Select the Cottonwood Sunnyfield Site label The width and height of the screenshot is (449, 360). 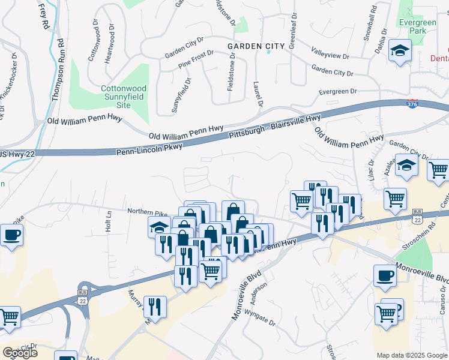point(123,97)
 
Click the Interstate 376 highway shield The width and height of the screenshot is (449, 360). point(412,104)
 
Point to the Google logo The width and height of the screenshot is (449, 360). point(19,353)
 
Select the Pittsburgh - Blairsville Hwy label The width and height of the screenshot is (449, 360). point(275,127)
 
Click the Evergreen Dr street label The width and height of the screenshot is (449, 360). point(337,92)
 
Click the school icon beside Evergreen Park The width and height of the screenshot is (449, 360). point(399,51)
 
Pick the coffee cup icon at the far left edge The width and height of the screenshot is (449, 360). point(11,235)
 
